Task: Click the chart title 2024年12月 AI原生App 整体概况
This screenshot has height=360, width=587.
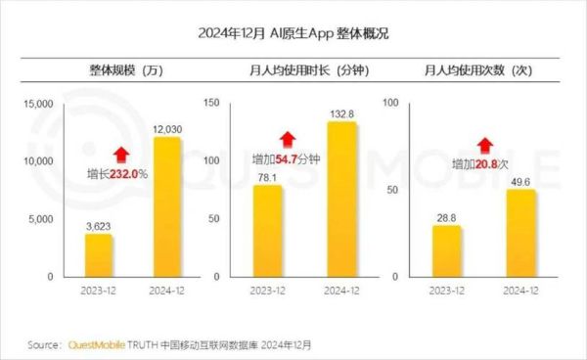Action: [x=294, y=34]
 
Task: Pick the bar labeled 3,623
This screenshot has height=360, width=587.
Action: [x=98, y=255]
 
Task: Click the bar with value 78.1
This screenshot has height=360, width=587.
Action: [x=267, y=231]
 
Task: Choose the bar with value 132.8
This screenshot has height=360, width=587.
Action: [x=340, y=200]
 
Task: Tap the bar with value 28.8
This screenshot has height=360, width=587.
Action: [x=446, y=251]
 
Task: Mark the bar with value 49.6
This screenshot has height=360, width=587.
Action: [x=520, y=233]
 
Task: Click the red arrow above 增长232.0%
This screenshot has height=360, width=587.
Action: [x=121, y=154]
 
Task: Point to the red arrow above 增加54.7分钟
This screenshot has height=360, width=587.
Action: [x=287, y=138]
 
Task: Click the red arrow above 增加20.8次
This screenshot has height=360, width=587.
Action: [x=480, y=143]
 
